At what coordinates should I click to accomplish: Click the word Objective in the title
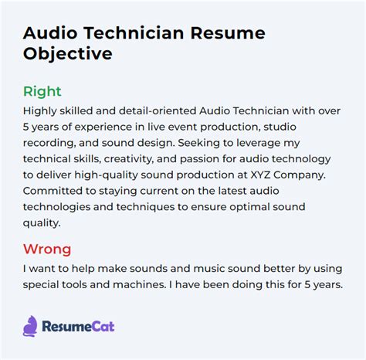(x=68, y=54)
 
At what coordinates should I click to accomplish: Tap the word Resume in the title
(x=228, y=33)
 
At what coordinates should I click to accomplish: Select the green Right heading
(x=42, y=91)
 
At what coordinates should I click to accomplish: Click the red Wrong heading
(x=47, y=249)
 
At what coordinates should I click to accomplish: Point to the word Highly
(x=40, y=111)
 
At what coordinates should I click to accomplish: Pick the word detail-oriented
(x=158, y=111)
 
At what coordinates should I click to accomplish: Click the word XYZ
(x=260, y=175)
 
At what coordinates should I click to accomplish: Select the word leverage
(x=259, y=143)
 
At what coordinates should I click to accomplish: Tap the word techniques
(x=145, y=207)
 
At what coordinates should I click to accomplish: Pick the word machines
(x=140, y=284)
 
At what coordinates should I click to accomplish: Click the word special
(x=39, y=285)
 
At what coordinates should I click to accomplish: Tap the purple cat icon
(x=30, y=326)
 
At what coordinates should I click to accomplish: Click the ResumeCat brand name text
(x=78, y=327)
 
